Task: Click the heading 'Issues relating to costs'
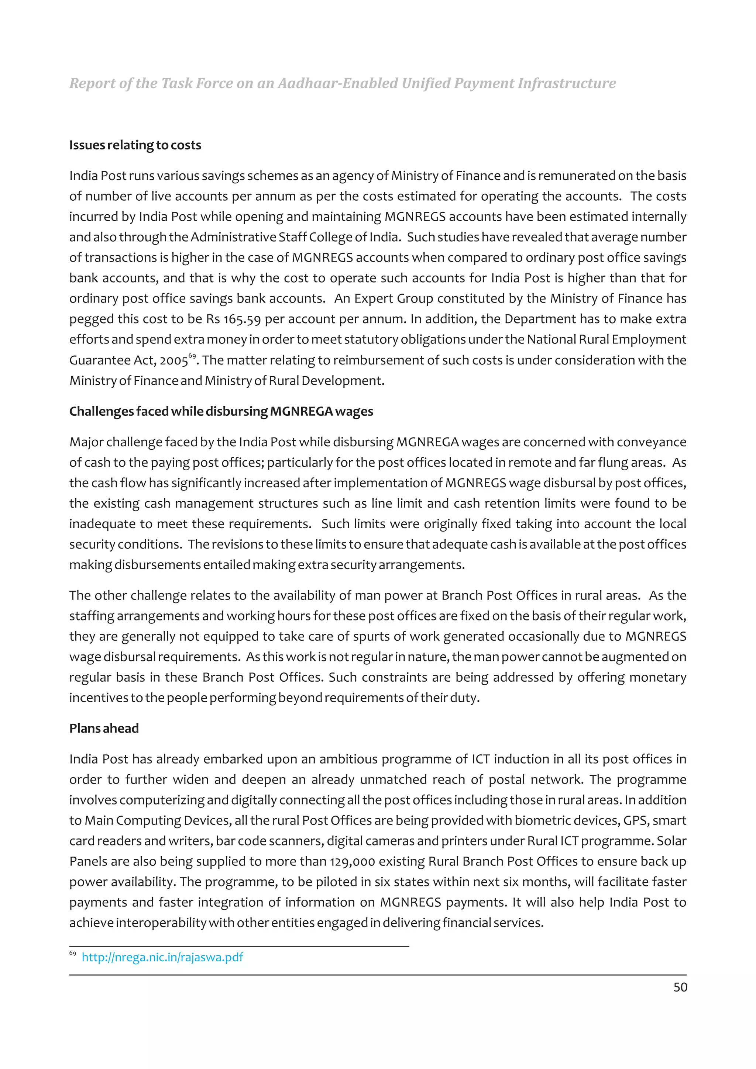(x=135, y=145)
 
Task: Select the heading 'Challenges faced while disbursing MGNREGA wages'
(x=221, y=412)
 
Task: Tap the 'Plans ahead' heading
(x=104, y=728)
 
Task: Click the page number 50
(x=680, y=987)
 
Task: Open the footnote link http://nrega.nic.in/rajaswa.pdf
(x=162, y=957)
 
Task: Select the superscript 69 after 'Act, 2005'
(x=192, y=356)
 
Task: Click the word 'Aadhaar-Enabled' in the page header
(x=338, y=83)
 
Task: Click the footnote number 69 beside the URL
(x=72, y=954)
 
